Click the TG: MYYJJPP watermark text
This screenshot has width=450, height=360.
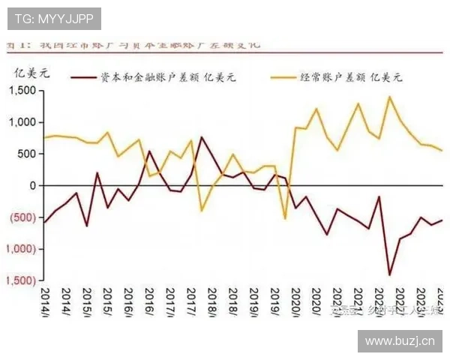pyautogui.click(x=53, y=18)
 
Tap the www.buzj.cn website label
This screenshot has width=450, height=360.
pyautogui.click(x=399, y=342)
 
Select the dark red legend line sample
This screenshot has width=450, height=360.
pyautogui.click(x=85, y=78)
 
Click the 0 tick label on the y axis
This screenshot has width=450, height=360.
pyautogui.click(x=31, y=185)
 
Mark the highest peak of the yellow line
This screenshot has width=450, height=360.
pyautogui.click(x=389, y=97)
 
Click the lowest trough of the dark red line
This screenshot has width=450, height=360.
pyautogui.click(x=389, y=274)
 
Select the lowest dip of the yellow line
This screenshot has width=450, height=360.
pyautogui.click(x=285, y=218)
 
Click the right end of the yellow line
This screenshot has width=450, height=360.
pyautogui.click(x=442, y=151)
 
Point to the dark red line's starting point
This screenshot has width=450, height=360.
pyautogui.click(x=43, y=222)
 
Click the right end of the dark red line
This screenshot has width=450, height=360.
pyautogui.click(x=442, y=220)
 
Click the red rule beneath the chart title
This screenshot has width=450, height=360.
pyautogui.click(x=225, y=52)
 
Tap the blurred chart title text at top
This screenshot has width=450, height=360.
pyautogui.click(x=135, y=44)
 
